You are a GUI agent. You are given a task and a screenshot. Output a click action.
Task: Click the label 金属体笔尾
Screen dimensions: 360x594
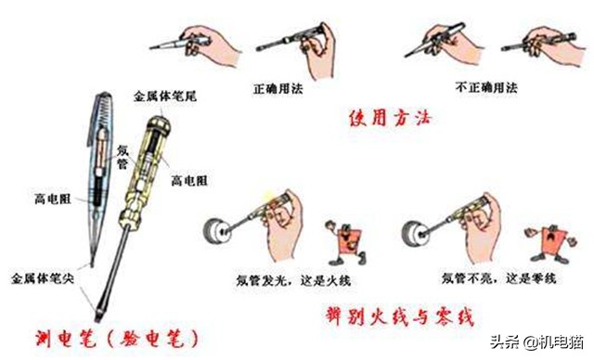coord(165,96)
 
